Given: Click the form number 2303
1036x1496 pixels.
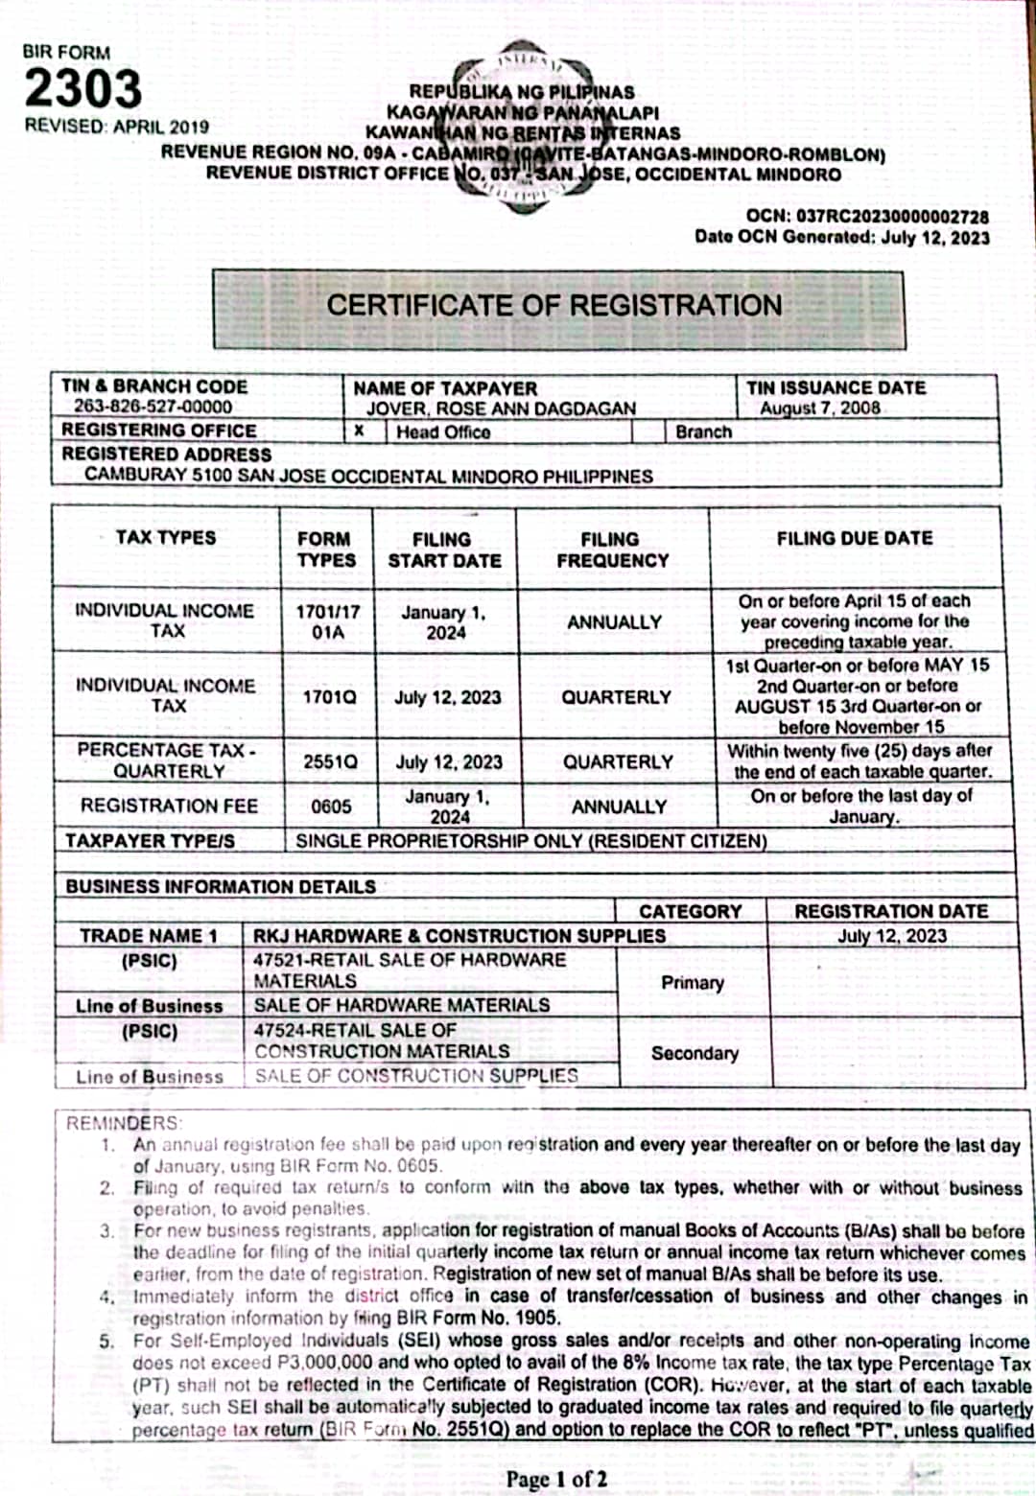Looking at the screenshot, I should pos(82,89).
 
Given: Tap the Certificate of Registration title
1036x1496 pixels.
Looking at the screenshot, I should pos(554,306).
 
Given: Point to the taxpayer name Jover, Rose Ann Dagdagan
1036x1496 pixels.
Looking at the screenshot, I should pos(501,409).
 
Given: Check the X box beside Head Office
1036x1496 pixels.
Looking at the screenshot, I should pos(359,432).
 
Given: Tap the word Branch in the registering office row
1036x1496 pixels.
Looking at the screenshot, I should pos(703,432).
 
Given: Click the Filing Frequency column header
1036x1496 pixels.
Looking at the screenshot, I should pos(612,549).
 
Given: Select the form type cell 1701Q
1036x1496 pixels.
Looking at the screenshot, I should pos(329,697).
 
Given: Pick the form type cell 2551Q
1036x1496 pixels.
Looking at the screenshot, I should pos(330,762).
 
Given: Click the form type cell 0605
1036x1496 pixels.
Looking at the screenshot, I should pos(331,807).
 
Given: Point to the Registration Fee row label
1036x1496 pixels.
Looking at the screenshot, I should pos(169,806).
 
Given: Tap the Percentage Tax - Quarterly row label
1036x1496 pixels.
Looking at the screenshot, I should pos(168,760).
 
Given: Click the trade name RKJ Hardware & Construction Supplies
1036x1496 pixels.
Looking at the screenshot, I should pos(459,936).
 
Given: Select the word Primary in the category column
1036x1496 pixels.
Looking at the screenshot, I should pos(693,983).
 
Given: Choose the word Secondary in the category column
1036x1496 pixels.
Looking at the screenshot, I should pos(695,1053).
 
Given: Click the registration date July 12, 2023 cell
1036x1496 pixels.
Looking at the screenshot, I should pos(892,936).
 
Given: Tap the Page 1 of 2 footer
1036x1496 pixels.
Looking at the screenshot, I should pos(556,1479).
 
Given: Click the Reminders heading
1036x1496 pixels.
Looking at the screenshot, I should pos(123,1123).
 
